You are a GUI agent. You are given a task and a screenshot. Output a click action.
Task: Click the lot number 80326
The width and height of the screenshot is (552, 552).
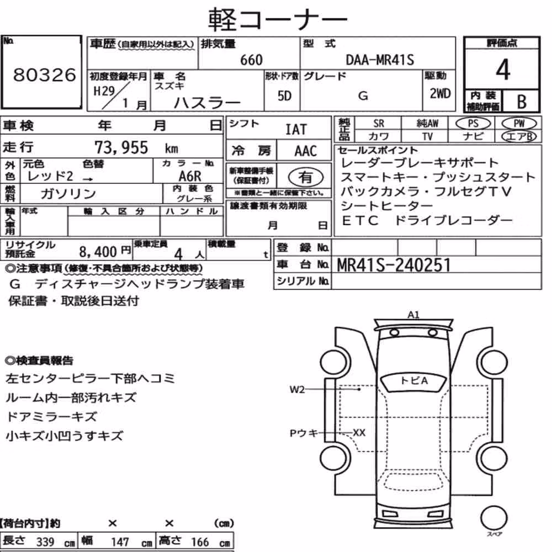pyautogui.click(x=44, y=75)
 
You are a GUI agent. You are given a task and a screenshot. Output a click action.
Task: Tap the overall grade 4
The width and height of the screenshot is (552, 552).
pyautogui.click(x=503, y=70)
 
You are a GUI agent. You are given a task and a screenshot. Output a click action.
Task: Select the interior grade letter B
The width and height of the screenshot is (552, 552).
pyautogui.click(x=522, y=102)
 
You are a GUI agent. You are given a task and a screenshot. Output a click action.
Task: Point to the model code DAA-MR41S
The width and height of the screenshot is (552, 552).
pyautogui.click(x=380, y=60)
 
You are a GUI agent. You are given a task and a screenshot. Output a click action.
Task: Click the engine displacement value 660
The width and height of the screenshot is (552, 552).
pyautogui.click(x=251, y=60)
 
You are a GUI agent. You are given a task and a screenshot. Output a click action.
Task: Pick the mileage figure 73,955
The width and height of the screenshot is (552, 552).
pyautogui.click(x=121, y=147)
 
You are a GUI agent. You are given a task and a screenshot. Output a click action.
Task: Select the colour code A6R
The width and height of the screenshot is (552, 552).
pyautogui.click(x=190, y=176)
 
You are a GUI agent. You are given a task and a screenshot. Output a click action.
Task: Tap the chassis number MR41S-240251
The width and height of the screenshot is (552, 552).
pyautogui.click(x=394, y=265)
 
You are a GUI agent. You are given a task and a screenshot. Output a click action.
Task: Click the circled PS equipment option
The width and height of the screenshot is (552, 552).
pyautogui.click(x=473, y=124)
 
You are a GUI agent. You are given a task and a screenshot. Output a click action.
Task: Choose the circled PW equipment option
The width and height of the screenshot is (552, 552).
pyautogui.click(x=519, y=124)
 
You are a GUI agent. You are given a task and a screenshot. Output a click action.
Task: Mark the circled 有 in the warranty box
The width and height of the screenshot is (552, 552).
pyautogui.click(x=306, y=177)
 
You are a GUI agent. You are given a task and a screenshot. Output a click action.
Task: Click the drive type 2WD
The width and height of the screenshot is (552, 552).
pyautogui.click(x=440, y=94)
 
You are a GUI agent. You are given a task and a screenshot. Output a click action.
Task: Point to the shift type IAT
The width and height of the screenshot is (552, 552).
pyautogui.click(x=296, y=130)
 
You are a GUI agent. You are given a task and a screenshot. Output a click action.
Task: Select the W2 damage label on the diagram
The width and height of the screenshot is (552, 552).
pyautogui.click(x=297, y=389)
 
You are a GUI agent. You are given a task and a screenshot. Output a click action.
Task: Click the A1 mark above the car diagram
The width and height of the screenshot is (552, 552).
pyautogui.click(x=413, y=315)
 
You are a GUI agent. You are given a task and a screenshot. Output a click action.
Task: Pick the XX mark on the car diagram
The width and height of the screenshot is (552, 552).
pyautogui.click(x=359, y=432)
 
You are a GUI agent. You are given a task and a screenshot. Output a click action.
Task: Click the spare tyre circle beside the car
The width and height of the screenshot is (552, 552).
pyautogui.click(x=494, y=518)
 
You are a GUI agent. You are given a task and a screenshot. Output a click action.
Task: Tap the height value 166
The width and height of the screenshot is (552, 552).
pyautogui.click(x=200, y=542)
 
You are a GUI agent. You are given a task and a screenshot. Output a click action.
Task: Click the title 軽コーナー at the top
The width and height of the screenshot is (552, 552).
pyautogui.click(x=278, y=20)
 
